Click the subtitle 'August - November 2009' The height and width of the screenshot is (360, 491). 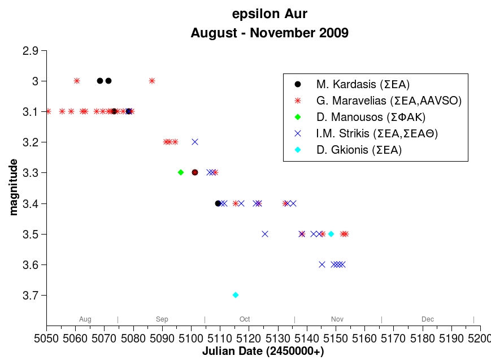point(270,33)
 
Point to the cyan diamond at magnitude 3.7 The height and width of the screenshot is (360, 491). point(236,295)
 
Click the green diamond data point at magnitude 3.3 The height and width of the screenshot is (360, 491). point(181,172)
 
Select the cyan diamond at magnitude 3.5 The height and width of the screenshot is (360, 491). point(331,234)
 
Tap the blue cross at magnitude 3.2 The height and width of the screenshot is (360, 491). point(195,142)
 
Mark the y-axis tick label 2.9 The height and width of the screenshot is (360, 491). point(31,51)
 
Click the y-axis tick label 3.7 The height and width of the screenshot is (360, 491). point(31,295)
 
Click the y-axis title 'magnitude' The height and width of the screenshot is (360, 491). point(14,186)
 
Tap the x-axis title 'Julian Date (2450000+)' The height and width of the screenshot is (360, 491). point(263,352)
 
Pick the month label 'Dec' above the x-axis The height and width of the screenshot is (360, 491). point(428,320)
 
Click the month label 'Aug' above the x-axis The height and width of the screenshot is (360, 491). point(85,320)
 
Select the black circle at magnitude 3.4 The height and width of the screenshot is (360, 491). point(218,203)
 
